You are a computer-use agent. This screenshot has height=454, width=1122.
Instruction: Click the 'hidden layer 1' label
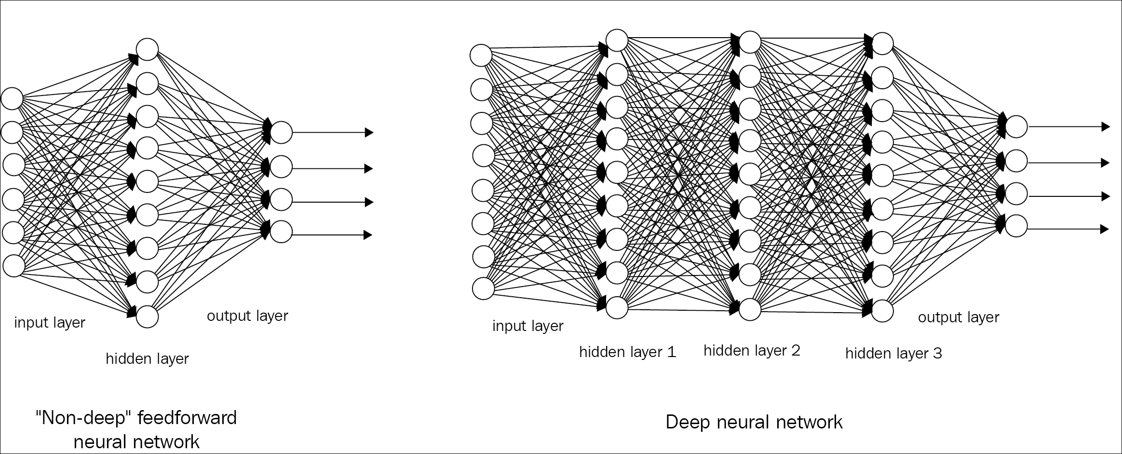627,352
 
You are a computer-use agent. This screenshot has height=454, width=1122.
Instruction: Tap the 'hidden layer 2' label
752,351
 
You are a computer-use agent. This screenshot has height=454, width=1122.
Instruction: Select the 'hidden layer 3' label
893,354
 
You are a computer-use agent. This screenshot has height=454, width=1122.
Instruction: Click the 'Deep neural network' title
754,422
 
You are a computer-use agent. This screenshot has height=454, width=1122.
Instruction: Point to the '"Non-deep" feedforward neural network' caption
136,429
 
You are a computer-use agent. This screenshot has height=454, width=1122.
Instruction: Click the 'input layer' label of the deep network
527,326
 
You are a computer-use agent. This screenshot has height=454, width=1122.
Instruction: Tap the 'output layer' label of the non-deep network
247,316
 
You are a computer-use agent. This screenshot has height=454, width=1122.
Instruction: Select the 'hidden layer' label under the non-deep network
147,358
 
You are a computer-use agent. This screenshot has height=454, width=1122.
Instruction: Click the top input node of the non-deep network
13,98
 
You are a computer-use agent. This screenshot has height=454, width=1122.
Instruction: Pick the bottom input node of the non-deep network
14,266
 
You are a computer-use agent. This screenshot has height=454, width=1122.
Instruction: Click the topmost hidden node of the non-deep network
147,49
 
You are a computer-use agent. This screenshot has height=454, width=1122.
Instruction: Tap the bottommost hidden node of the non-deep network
147,317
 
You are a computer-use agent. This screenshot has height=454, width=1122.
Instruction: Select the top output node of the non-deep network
281,132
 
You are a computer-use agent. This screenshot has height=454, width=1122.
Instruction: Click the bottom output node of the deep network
1016,226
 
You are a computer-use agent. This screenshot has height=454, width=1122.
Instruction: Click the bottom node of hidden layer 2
750,309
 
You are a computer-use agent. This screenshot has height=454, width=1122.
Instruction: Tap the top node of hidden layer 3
883,43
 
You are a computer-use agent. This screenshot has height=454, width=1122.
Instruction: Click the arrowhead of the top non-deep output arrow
369,132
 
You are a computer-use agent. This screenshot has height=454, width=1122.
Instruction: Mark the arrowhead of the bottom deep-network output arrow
1105,229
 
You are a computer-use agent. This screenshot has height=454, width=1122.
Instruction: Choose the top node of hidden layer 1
617,40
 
